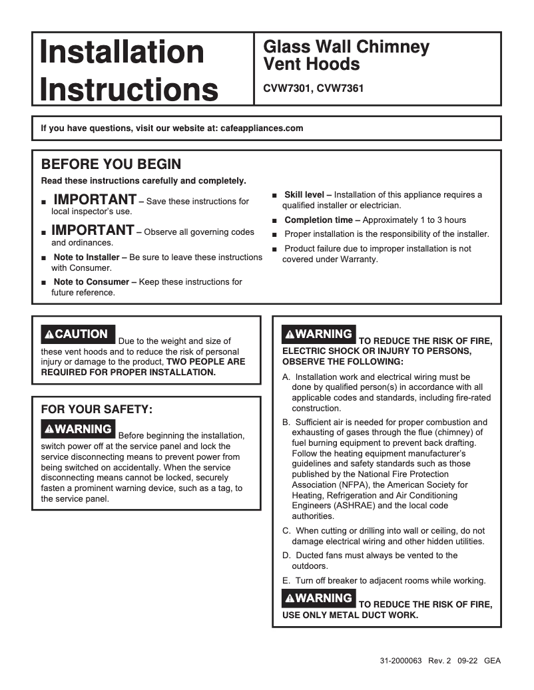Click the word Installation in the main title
pyautogui.click(x=122, y=52)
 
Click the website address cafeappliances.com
pyautogui.click(x=261, y=128)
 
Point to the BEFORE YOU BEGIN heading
pyautogui.click(x=111, y=164)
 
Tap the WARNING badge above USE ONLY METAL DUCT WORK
pyautogui.click(x=319, y=598)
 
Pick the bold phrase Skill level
pyautogui.click(x=304, y=195)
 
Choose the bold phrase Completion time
pyautogui.click(x=322, y=220)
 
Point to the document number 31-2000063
pyautogui.click(x=401, y=661)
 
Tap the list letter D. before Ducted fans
pyautogui.click(x=286, y=556)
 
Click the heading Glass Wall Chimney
pyautogui.click(x=346, y=47)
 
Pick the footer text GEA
pyautogui.click(x=492, y=661)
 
